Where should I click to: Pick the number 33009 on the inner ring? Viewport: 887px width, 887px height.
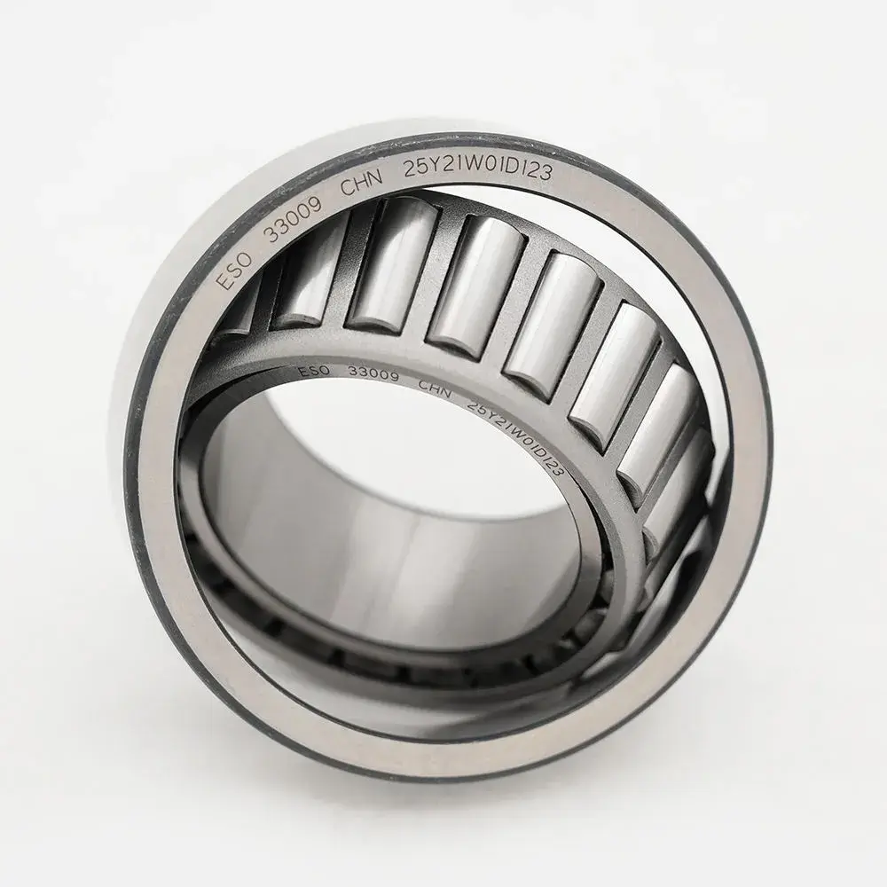pos(372,373)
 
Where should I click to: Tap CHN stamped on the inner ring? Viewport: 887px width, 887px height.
pos(434,387)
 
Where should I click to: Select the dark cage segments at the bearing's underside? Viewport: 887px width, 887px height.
pos(355,656)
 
